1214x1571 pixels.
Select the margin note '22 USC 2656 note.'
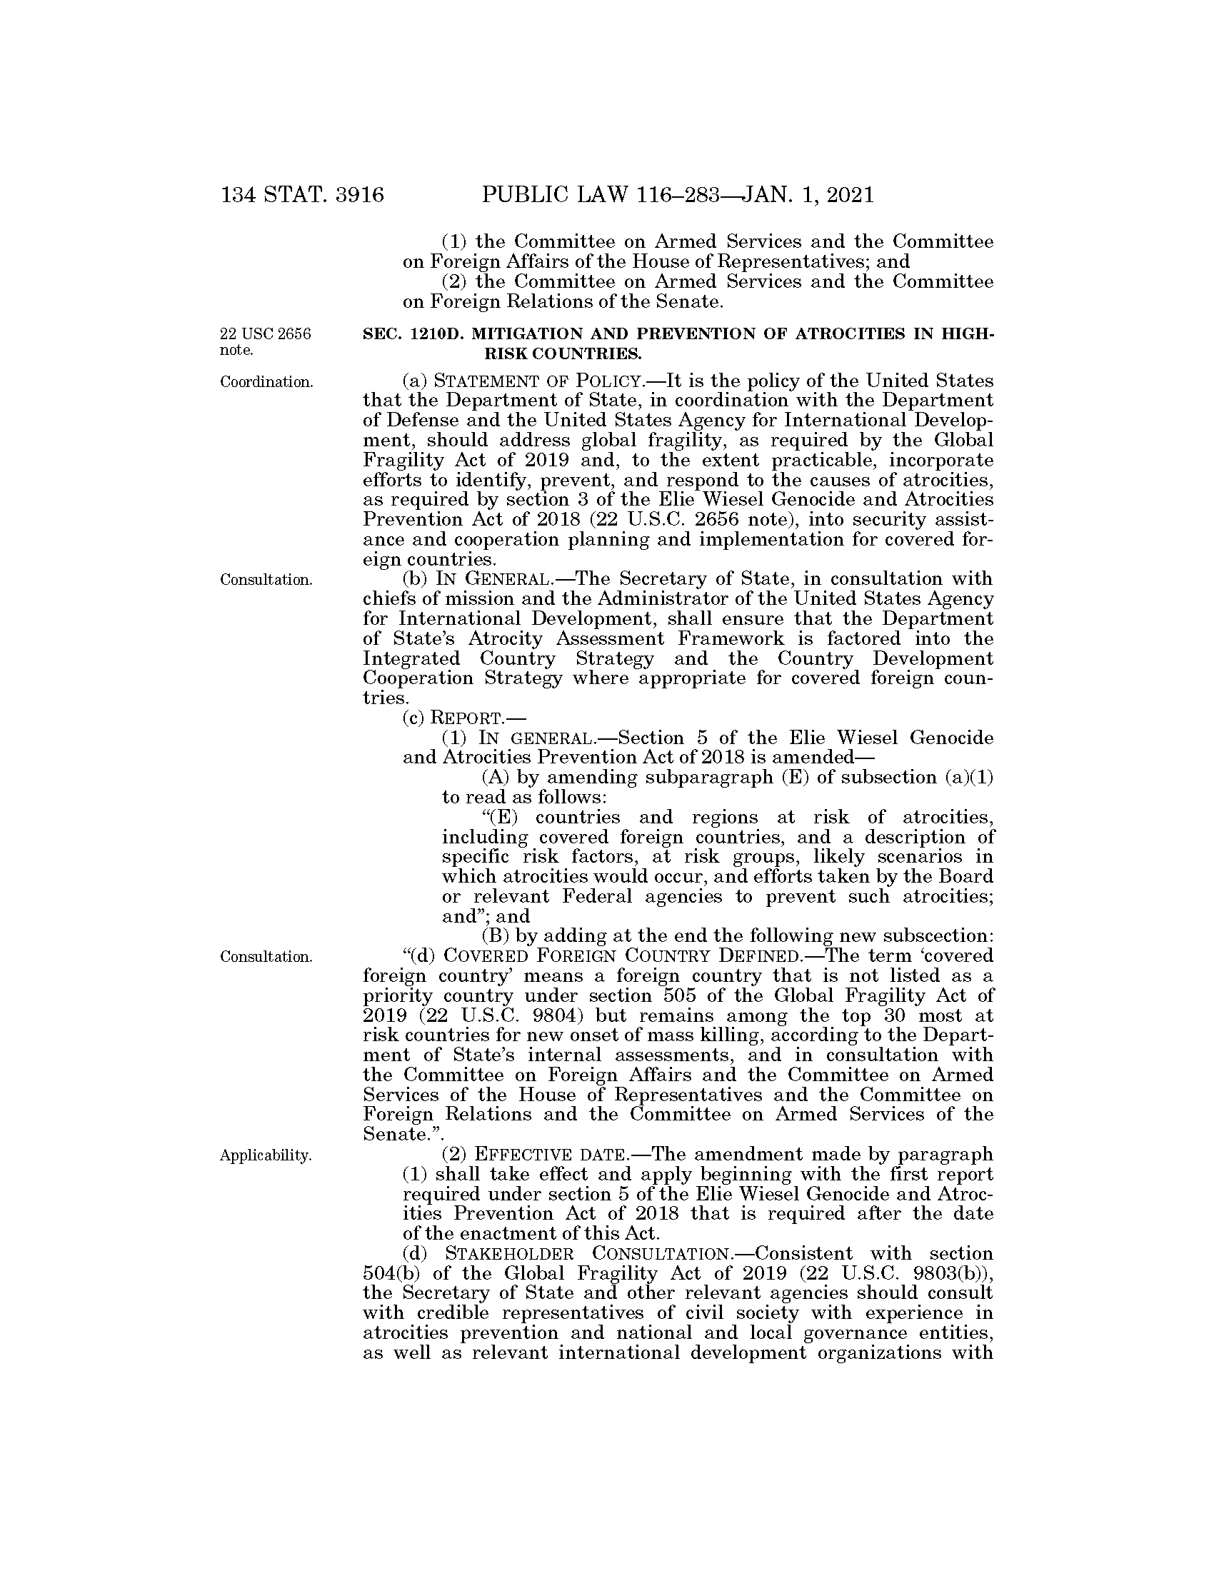point(266,341)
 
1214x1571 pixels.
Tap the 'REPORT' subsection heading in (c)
point(466,718)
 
